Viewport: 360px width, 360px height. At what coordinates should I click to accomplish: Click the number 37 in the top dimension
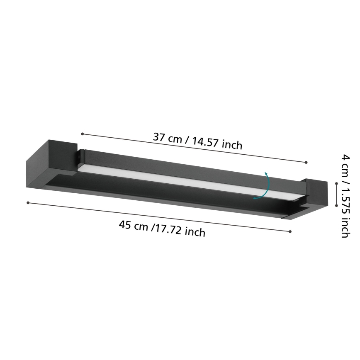[x=160, y=136]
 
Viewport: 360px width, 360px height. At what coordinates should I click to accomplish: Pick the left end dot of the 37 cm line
[x=83, y=134]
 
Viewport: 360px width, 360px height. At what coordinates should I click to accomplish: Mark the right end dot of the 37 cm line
[x=306, y=162]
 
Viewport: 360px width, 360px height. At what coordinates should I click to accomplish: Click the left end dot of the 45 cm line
[x=28, y=202]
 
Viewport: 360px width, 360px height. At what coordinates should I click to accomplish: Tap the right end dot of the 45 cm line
[x=290, y=231]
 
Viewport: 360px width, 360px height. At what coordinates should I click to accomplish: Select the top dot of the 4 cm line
[x=336, y=182]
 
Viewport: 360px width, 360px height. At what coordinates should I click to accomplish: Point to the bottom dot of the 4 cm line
[x=336, y=205]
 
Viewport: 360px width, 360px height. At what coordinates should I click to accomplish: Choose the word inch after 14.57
[x=232, y=145]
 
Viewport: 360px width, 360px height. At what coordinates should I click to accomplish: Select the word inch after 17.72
[x=195, y=232]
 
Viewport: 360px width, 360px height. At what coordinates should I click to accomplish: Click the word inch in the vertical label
[x=345, y=228]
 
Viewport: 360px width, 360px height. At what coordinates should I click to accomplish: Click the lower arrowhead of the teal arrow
[x=255, y=198]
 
